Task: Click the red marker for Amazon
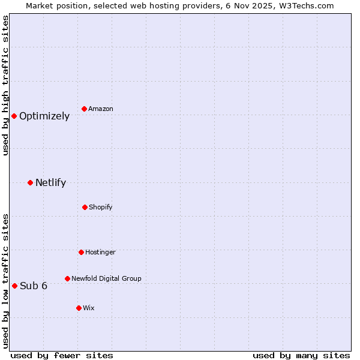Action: pyautogui.click(x=85, y=109)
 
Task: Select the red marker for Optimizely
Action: pyautogui.click(x=14, y=116)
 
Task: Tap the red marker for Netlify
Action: pyautogui.click(x=30, y=182)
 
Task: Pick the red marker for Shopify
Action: pyautogui.click(x=85, y=207)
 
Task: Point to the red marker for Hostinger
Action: pyautogui.click(x=81, y=252)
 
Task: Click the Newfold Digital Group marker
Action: pyautogui.click(x=67, y=278)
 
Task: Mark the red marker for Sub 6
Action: pyautogui.click(x=14, y=286)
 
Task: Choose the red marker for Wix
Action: pyautogui.click(x=79, y=308)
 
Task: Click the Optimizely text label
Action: pyautogui.click(x=44, y=116)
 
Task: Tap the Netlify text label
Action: pyautogui.click(x=50, y=183)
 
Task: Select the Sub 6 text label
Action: pyautogui.click(x=34, y=286)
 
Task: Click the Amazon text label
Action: pyautogui.click(x=101, y=109)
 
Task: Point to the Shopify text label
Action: pyautogui.click(x=101, y=208)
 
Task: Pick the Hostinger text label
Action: pyautogui.click(x=100, y=253)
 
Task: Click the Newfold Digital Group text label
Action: pyautogui.click(x=106, y=278)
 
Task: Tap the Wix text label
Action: pyautogui.click(x=89, y=308)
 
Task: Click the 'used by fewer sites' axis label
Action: pyautogui.click(x=61, y=355)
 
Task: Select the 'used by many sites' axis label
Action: pyautogui.click(x=301, y=355)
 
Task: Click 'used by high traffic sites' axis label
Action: pyautogui.click(x=5, y=85)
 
